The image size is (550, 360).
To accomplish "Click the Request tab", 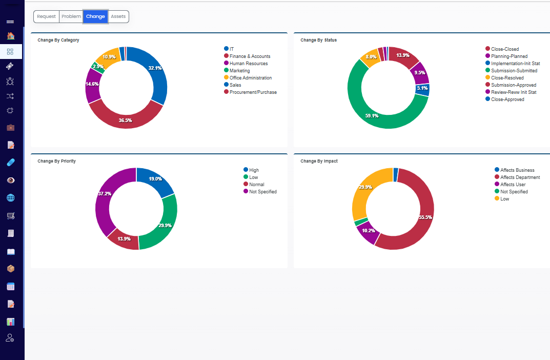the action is coord(46,16).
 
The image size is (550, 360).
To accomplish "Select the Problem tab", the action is coord(71,16).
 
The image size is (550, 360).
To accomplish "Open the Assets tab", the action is coord(118,16).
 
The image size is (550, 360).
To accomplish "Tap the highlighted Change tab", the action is coord(95,16).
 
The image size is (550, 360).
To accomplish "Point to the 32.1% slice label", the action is coord(155,68).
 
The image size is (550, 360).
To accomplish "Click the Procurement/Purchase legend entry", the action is coord(251,92).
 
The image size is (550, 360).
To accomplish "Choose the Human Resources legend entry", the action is coord(246,64).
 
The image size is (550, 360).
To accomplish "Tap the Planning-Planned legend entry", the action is coord(506,56).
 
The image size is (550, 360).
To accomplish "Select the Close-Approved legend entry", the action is coord(505,99).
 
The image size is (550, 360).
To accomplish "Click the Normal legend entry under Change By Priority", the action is coord(254,185).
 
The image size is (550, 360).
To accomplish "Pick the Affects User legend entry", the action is coord(510,185).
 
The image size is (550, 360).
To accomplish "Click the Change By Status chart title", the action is coord(318,40).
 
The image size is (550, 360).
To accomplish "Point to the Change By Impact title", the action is coord(319,161).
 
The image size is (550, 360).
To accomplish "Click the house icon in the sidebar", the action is coord(11,36).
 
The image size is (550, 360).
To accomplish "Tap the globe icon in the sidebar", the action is coord(11,198).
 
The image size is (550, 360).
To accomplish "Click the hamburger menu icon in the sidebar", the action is coord(10,22).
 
